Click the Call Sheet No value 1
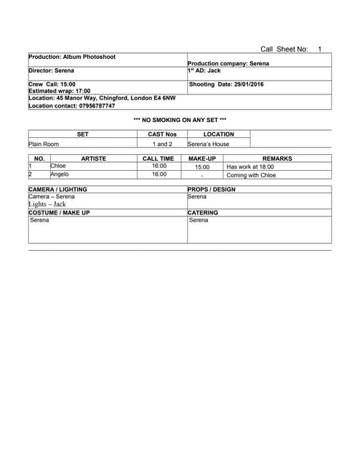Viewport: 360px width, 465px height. click(x=319, y=49)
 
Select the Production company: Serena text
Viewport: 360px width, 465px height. click(x=228, y=64)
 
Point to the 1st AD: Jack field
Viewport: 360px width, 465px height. click(x=204, y=70)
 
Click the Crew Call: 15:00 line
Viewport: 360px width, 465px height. click(x=52, y=84)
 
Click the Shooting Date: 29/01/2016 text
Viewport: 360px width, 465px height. click(x=226, y=84)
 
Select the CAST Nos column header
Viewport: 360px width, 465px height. click(x=162, y=134)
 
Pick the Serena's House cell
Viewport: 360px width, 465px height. click(x=208, y=144)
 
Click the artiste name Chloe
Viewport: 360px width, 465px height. click(x=57, y=166)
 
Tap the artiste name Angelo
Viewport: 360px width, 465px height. click(x=60, y=174)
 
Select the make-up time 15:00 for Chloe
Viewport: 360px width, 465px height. click(x=202, y=167)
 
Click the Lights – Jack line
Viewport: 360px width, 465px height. click(x=47, y=204)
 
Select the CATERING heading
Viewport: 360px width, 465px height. click(x=203, y=213)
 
